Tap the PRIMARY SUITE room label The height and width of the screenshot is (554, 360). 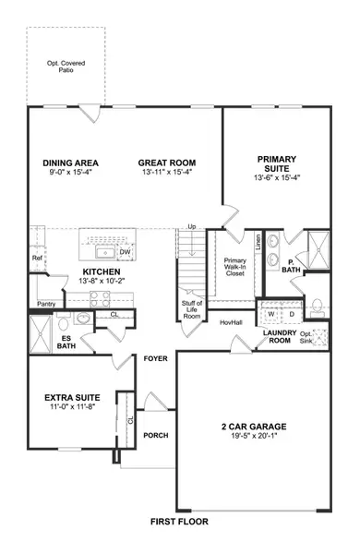click(x=276, y=163)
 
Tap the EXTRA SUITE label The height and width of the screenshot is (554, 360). click(x=70, y=399)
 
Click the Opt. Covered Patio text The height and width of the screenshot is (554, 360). click(x=66, y=67)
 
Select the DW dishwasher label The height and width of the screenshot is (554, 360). click(x=126, y=251)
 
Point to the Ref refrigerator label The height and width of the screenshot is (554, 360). click(x=37, y=259)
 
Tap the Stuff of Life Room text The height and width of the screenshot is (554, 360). click(x=191, y=309)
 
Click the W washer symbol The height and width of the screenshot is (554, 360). click(x=271, y=314)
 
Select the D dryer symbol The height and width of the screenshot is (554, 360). click(x=291, y=314)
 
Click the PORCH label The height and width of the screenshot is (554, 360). click(x=156, y=436)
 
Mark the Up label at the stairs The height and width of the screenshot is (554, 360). click(x=192, y=226)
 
